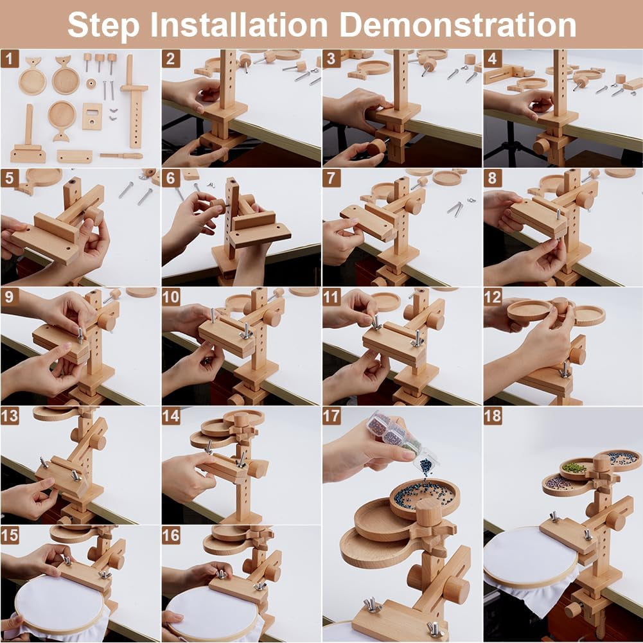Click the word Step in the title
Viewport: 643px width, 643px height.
pyautogui.click(x=103, y=25)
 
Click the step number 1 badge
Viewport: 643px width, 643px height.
pyautogui.click(x=10, y=58)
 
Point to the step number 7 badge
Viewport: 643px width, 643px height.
pyautogui.click(x=331, y=179)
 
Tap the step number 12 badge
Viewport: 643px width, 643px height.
pyautogui.click(x=493, y=297)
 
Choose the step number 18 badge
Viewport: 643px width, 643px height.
pyautogui.click(x=493, y=416)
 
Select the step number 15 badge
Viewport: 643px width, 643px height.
pyautogui.click(x=10, y=535)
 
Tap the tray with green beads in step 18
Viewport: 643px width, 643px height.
pyautogui.click(x=576, y=469)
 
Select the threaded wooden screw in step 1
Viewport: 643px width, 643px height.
pyautogui.click(x=121, y=156)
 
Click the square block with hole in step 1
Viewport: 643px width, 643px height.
pyautogui.click(x=92, y=116)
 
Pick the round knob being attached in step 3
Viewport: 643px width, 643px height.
pyautogui.click(x=377, y=147)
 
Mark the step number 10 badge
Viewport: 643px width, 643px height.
pyautogui.click(x=171, y=297)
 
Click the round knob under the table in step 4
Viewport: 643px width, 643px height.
pyautogui.click(x=542, y=146)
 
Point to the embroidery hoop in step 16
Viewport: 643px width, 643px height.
pyautogui.click(x=214, y=612)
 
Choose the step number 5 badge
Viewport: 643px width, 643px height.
pyautogui.click(x=10, y=179)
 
